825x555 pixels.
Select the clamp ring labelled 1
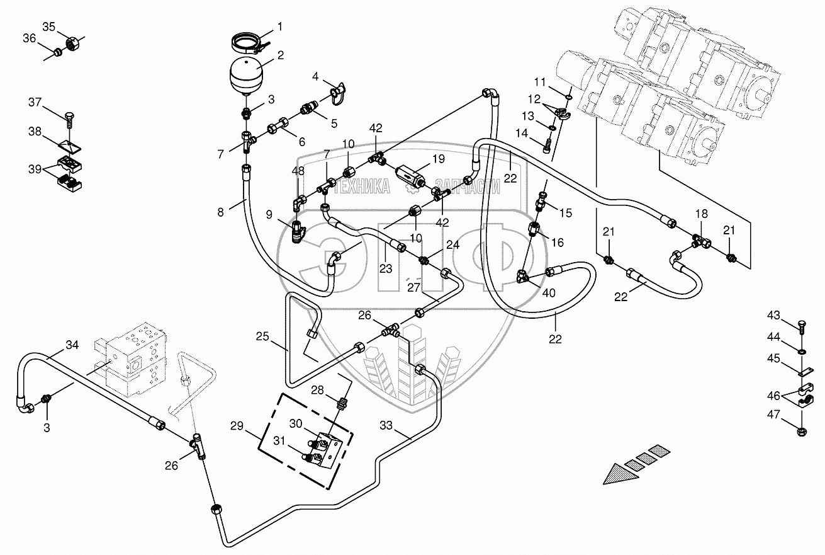[247, 42]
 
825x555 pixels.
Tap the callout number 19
[438, 159]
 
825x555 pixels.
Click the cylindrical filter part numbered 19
[410, 177]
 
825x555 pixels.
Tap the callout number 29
[237, 426]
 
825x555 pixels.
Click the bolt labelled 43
[801, 328]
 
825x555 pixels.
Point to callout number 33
[386, 426]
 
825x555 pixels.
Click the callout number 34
[72, 345]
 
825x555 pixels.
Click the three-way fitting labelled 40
[524, 275]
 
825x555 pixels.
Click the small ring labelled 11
[569, 97]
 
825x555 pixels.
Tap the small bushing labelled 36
[57, 53]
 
